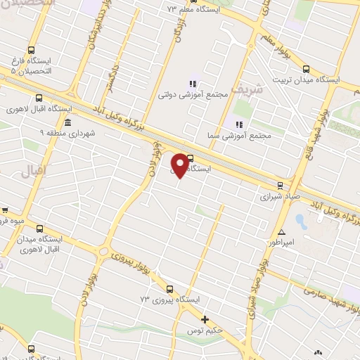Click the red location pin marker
point(181,165)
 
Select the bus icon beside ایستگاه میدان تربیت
point(306,69)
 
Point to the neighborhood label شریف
point(250,90)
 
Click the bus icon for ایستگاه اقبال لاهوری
point(38,98)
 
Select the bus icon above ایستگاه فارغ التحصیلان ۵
point(31,50)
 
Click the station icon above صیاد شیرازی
point(280,186)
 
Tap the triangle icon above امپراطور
point(281,232)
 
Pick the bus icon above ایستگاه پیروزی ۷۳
point(169,289)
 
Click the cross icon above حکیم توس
point(205,319)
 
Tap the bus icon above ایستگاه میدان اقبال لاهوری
point(39,229)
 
